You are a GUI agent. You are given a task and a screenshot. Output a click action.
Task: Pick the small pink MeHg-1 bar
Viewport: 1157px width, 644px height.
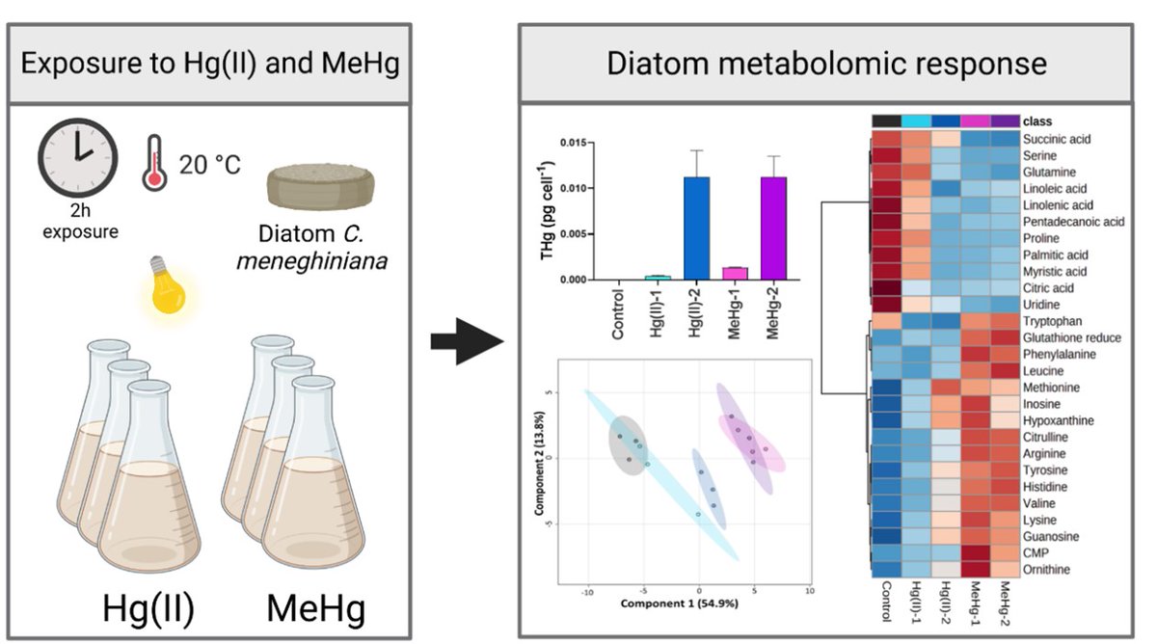click(x=738, y=274)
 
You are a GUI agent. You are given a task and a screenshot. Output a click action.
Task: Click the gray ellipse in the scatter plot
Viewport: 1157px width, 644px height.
click(x=628, y=445)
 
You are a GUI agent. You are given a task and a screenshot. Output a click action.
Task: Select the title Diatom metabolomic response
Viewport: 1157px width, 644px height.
click(x=826, y=64)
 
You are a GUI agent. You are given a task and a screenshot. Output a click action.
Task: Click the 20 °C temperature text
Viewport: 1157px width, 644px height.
click(x=210, y=164)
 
